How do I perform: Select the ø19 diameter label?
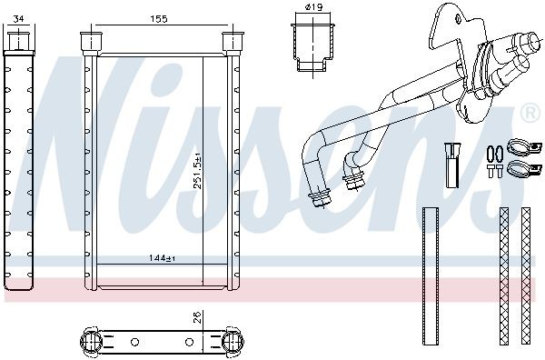tap(314, 8)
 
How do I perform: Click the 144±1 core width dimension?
tap(162, 258)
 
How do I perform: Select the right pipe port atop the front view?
tap(235, 42)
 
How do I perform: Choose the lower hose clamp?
tap(520, 168)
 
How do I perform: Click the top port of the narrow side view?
tap(18, 42)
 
